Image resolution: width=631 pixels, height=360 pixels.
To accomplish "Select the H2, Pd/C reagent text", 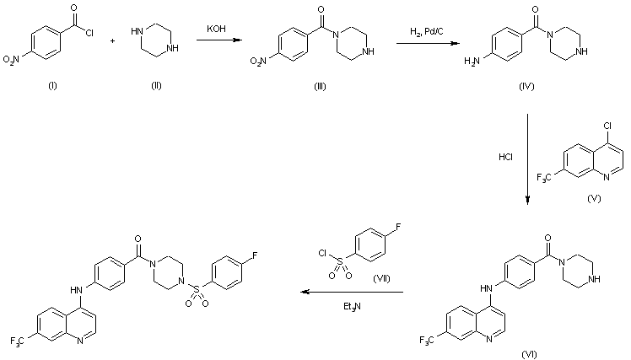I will [423, 30].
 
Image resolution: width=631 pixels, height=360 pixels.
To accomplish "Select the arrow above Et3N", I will [353, 293].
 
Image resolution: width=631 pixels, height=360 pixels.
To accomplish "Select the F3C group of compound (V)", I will [547, 178].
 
